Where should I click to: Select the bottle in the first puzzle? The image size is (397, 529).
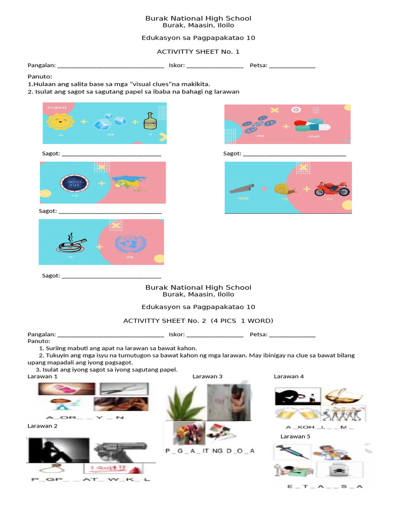150,121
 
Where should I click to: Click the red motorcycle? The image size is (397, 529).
332,189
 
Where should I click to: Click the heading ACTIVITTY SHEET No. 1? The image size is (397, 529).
198,52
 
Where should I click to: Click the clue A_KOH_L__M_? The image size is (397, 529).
320,427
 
